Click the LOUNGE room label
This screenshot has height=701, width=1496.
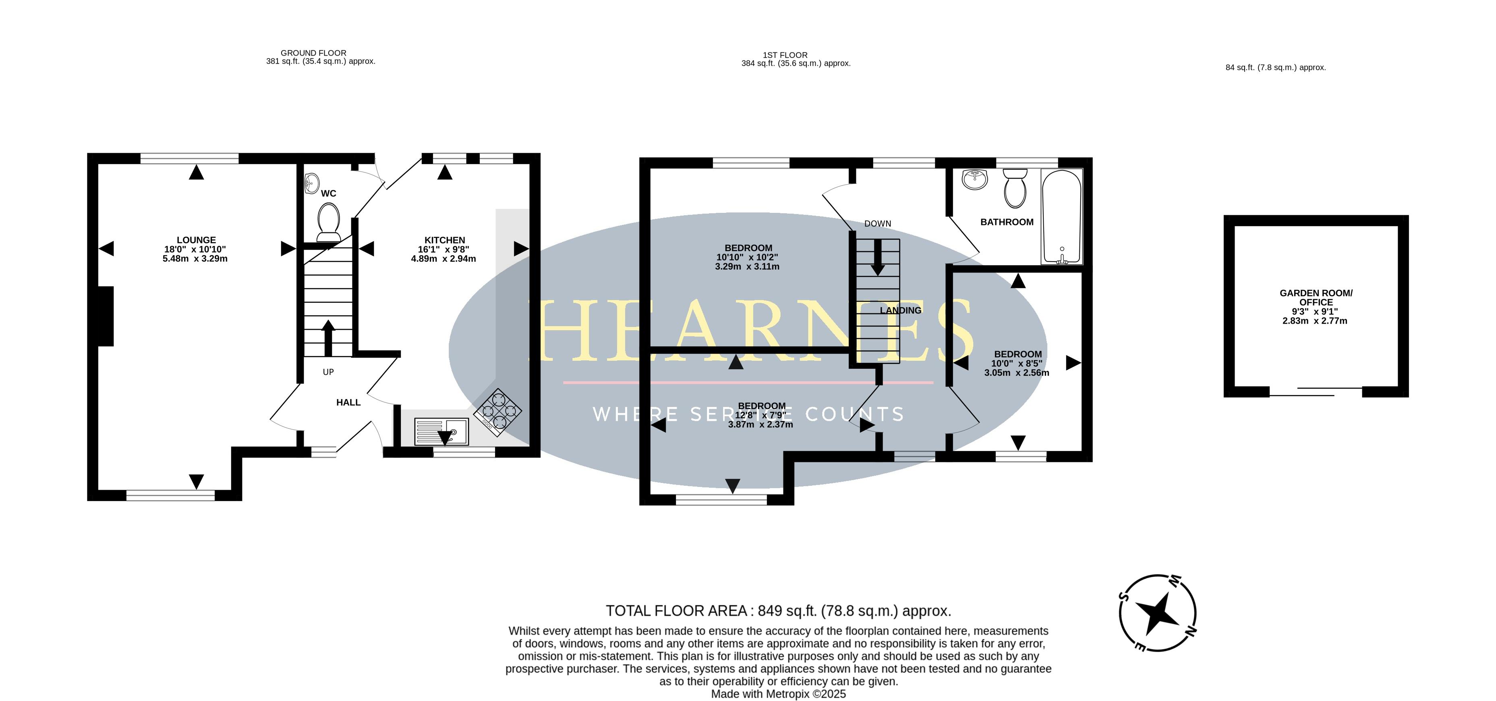click(x=196, y=240)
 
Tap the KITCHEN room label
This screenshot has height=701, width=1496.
click(x=445, y=240)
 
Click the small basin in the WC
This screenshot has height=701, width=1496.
click(x=312, y=183)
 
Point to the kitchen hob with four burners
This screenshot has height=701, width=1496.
click(x=498, y=412)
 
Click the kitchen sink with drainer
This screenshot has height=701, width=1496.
click(x=441, y=431)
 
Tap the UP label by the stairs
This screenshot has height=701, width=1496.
click(x=328, y=372)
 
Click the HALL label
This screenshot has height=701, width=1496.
click(x=348, y=402)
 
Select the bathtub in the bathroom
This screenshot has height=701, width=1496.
click(x=1062, y=216)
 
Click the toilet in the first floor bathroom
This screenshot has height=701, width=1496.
click(x=1015, y=188)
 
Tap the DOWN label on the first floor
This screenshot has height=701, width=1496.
click(x=878, y=224)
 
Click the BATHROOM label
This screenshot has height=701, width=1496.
click(x=1007, y=222)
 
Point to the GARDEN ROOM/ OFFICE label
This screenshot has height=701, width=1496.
click(x=1316, y=297)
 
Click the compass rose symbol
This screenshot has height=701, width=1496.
click(x=1157, y=613)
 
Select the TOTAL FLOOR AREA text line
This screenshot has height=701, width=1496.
click(x=778, y=611)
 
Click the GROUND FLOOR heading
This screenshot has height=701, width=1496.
click(x=314, y=53)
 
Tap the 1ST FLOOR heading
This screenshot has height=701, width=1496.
click(x=785, y=55)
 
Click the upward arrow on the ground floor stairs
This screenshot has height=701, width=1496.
click(x=328, y=338)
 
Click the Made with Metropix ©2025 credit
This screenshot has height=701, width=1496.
click(x=778, y=694)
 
